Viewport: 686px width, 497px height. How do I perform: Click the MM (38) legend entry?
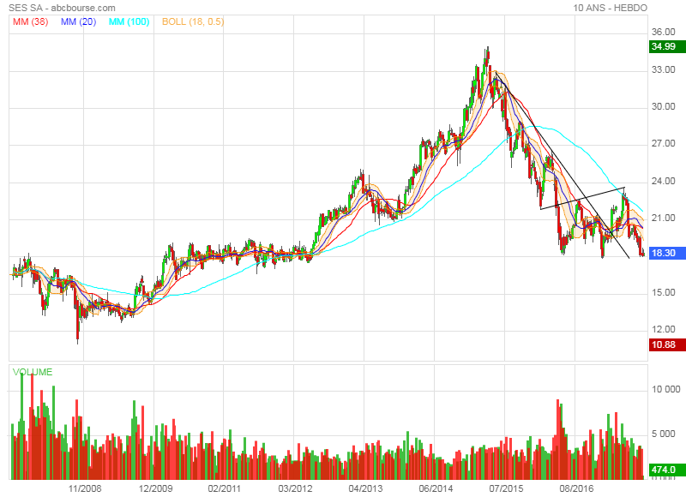[x=31, y=21]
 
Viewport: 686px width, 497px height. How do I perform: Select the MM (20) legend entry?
[x=79, y=21]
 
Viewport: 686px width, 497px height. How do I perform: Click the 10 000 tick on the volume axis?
[x=666, y=389]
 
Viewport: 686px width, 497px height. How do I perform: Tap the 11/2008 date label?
[x=85, y=488]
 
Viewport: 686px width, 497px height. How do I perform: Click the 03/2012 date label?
[x=296, y=488]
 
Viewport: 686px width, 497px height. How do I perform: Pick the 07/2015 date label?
[x=506, y=488]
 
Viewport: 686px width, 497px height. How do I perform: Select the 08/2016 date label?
[x=576, y=488]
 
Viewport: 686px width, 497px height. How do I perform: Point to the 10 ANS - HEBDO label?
[x=611, y=8]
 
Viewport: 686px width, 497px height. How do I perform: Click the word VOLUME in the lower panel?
[x=33, y=372]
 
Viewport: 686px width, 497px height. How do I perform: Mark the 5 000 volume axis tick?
[x=669, y=434]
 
